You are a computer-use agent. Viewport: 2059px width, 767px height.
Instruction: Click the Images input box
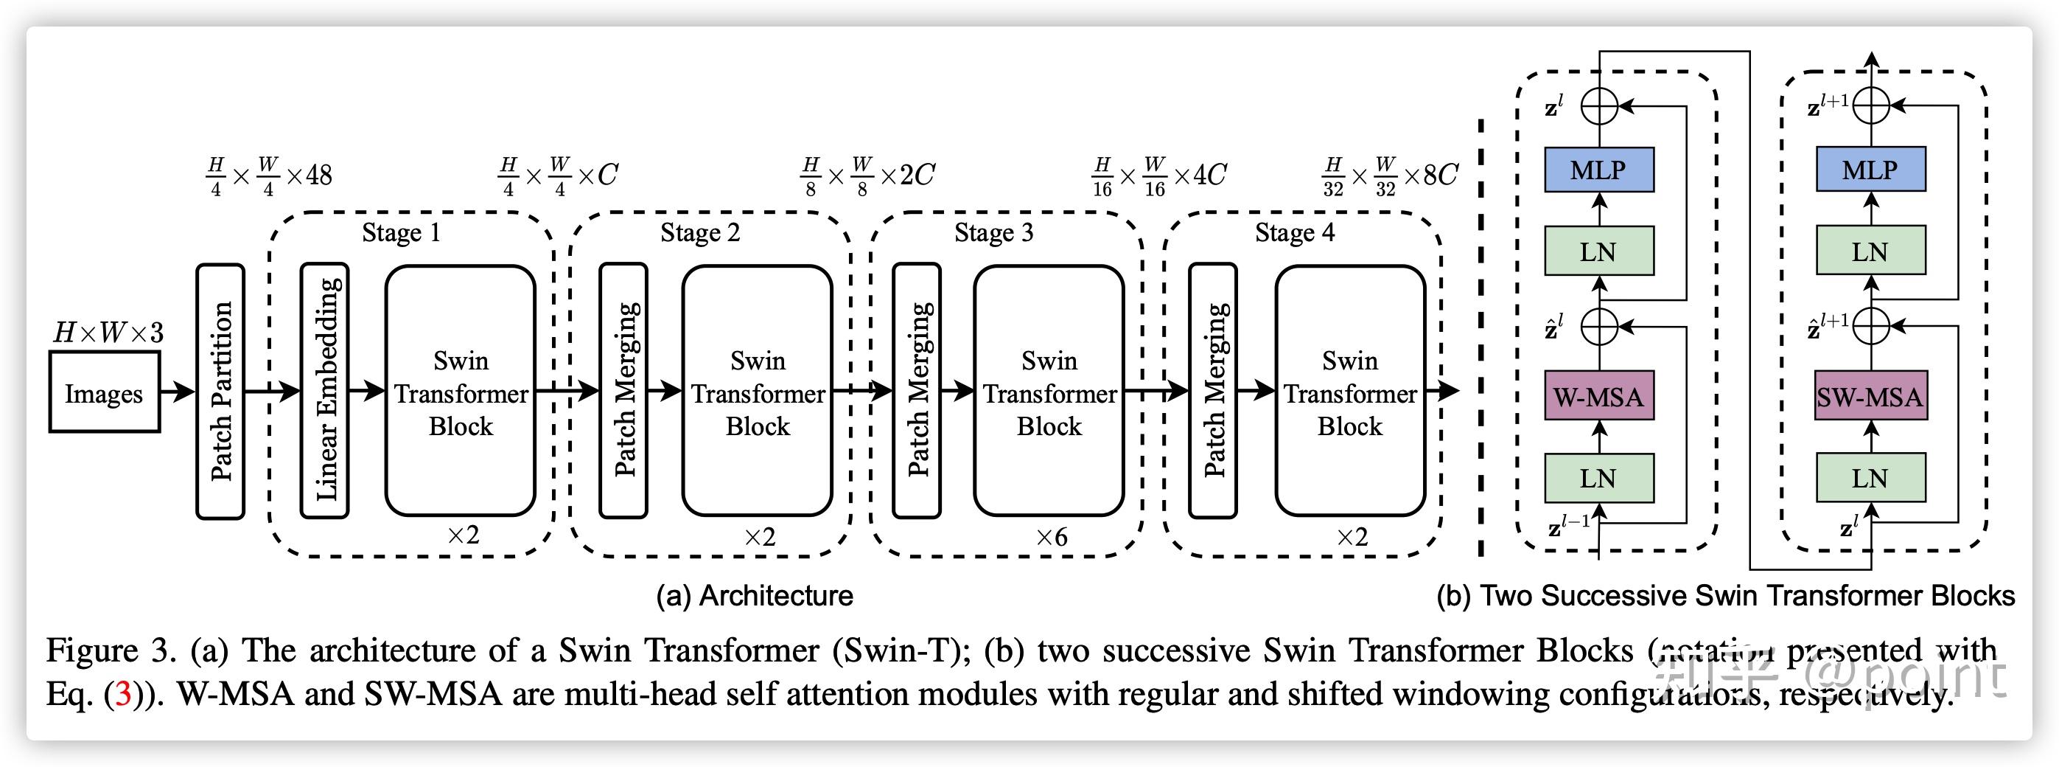[x=105, y=392]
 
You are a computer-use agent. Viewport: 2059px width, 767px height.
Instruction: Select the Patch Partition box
[x=220, y=391]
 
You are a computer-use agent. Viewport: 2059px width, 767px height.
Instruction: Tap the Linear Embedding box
[x=324, y=391]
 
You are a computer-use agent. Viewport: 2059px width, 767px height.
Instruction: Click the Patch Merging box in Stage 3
[x=917, y=391]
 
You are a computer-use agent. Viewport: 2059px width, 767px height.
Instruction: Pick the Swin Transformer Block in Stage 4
[x=1350, y=391]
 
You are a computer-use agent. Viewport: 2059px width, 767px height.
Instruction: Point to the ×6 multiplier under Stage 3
[x=1051, y=538]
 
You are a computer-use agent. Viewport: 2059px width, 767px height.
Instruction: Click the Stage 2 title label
[x=700, y=233]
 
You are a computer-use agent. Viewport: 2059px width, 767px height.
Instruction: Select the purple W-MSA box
[x=1598, y=396]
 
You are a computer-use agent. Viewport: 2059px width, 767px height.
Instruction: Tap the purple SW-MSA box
[x=1870, y=396]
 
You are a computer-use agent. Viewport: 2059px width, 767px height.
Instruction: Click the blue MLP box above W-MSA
[x=1598, y=170]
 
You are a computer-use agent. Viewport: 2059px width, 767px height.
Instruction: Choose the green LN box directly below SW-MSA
[x=1870, y=479]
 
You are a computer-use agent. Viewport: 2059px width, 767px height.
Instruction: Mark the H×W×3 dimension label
[x=108, y=332]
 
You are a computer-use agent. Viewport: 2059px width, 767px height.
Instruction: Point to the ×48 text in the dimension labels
[x=310, y=175]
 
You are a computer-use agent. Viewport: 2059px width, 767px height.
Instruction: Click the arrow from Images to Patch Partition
[x=178, y=391]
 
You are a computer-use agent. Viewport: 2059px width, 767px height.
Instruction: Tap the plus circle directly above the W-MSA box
[x=1599, y=326]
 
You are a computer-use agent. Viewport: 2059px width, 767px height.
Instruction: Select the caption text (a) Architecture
[x=755, y=596]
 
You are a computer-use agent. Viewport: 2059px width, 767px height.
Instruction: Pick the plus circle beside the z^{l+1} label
[x=1871, y=105]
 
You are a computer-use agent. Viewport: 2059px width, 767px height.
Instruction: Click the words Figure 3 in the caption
[x=111, y=651]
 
